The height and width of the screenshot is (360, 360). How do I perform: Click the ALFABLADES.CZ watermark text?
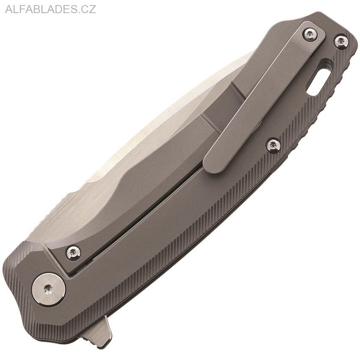[50, 9]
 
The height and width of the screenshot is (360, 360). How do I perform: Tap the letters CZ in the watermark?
[89, 9]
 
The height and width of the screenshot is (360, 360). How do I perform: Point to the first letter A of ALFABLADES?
[8, 9]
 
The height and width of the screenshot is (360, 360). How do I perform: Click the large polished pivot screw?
[49, 289]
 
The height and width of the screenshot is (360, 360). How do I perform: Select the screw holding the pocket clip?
[310, 33]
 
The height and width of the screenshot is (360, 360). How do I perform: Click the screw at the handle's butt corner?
[341, 41]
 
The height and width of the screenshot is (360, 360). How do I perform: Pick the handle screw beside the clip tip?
[273, 145]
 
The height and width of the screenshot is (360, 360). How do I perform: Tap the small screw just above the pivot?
[74, 252]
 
